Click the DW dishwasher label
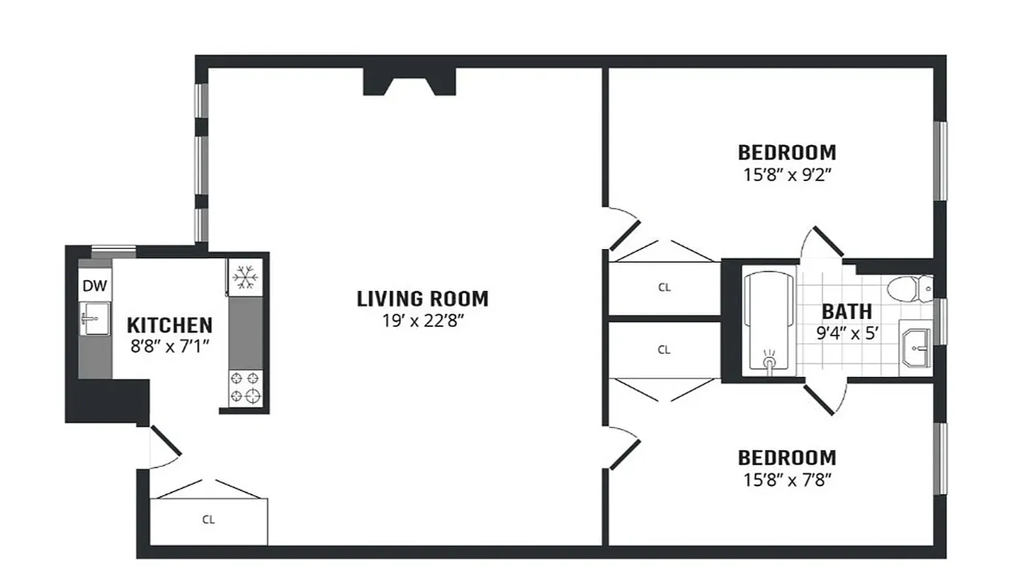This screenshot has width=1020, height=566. click(x=95, y=287)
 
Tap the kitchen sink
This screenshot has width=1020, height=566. click(x=95, y=319)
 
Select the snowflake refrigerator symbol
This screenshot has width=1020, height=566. click(x=245, y=277)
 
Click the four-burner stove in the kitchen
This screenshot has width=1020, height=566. click(x=245, y=388)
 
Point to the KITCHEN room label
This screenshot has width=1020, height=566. click(x=169, y=325)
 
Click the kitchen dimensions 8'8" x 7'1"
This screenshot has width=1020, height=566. click(x=169, y=347)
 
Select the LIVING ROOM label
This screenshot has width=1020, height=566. click(x=422, y=299)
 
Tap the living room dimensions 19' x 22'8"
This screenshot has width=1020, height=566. click(x=422, y=320)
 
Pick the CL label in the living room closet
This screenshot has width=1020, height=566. click(x=208, y=520)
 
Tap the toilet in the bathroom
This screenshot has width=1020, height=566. click(x=909, y=288)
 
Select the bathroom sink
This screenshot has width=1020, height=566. click(x=917, y=347)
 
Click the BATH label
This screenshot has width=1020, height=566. click(x=846, y=311)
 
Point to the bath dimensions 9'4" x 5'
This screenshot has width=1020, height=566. click(x=847, y=333)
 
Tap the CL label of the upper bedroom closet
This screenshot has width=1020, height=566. click(x=664, y=287)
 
